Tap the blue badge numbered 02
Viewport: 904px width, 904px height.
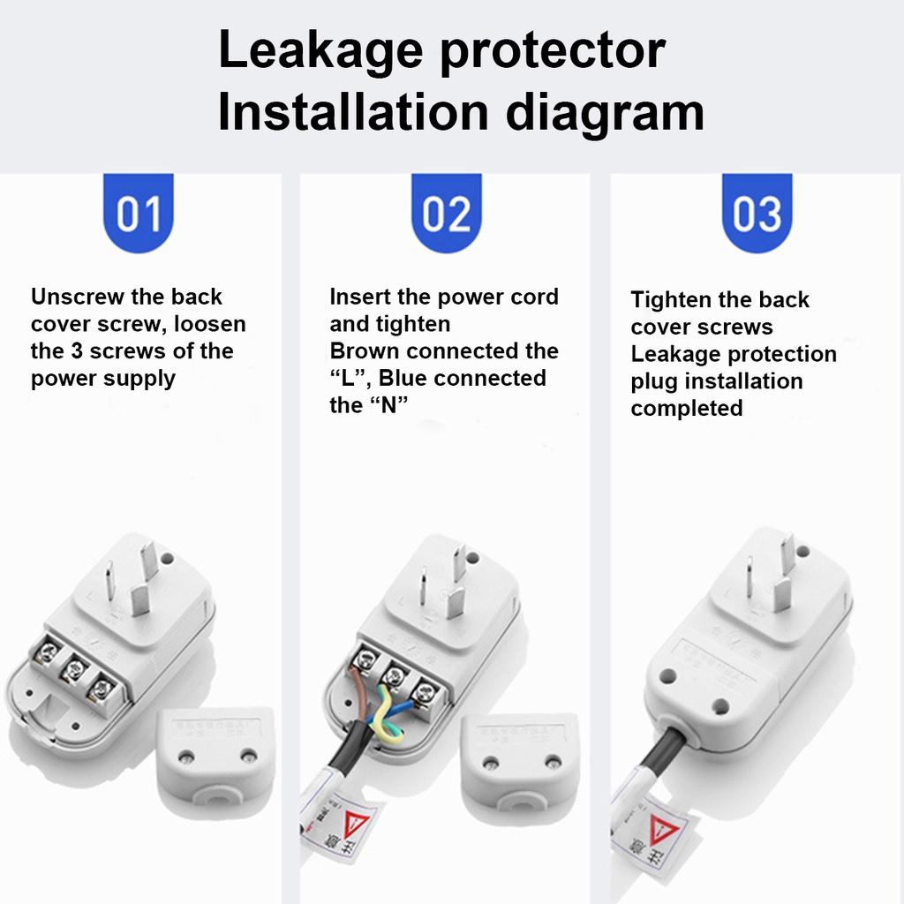(x=447, y=214)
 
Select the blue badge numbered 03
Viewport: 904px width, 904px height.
(x=757, y=214)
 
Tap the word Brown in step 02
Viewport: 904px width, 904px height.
(x=365, y=351)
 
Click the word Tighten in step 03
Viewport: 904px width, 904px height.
(x=672, y=300)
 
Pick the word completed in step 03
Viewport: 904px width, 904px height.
(x=687, y=409)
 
